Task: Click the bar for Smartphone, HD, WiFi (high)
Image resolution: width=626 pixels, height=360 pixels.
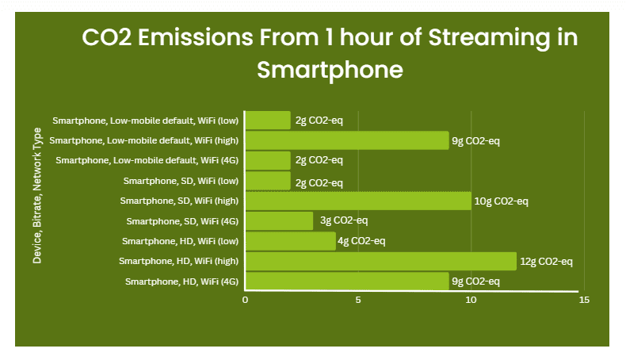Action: click(x=381, y=262)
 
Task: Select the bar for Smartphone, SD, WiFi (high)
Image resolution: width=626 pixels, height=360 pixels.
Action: click(x=358, y=201)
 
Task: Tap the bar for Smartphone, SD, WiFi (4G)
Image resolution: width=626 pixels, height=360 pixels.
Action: click(x=280, y=221)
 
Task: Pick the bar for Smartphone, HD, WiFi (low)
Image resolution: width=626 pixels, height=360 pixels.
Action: click(x=291, y=241)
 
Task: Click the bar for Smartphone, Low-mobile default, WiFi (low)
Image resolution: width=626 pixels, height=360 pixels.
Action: click(x=268, y=121)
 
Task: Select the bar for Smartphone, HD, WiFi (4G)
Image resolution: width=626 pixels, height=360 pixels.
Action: click(x=347, y=281)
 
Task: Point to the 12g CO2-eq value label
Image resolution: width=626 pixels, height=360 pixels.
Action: click(x=546, y=262)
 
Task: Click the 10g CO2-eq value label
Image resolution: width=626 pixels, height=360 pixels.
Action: click(x=501, y=201)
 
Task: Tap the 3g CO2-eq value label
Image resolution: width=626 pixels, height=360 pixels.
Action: click(x=344, y=220)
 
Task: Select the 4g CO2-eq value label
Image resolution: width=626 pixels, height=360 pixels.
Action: click(x=361, y=241)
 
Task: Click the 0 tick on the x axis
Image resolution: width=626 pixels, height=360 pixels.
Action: click(x=245, y=300)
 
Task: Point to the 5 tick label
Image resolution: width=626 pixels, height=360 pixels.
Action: click(x=358, y=300)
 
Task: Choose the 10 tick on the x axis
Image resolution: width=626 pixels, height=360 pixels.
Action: click(x=471, y=300)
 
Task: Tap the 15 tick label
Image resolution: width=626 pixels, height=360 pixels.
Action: click(x=584, y=300)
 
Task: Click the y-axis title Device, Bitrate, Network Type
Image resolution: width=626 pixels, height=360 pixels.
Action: click(x=37, y=196)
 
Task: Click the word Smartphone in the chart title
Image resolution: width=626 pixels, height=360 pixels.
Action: click(x=330, y=71)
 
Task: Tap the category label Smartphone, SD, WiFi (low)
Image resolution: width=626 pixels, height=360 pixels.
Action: click(x=181, y=181)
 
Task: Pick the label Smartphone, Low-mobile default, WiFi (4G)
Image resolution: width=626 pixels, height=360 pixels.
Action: click(x=147, y=160)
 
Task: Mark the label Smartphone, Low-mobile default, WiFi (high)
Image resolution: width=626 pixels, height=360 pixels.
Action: click(x=143, y=140)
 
